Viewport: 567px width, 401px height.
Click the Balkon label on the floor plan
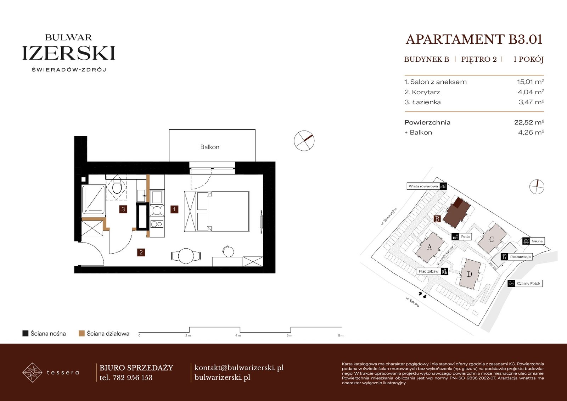(x=209, y=147)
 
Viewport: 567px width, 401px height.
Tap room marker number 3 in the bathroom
(x=123, y=209)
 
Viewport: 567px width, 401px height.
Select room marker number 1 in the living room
(x=174, y=209)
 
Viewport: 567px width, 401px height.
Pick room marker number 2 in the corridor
(x=141, y=252)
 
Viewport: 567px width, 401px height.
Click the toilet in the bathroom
(x=117, y=187)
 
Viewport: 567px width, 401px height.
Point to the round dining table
(x=186, y=256)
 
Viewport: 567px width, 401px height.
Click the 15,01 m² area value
(x=530, y=82)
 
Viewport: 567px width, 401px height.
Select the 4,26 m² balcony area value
(x=531, y=133)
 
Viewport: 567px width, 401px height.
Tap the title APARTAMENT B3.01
(x=474, y=39)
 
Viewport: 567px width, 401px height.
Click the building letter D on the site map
(x=469, y=274)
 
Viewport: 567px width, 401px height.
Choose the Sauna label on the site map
(x=537, y=241)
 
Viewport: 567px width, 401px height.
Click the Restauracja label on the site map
(x=520, y=257)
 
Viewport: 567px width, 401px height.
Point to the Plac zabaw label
(x=428, y=271)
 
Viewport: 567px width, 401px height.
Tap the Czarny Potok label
(x=528, y=283)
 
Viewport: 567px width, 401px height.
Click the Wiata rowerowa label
(x=423, y=186)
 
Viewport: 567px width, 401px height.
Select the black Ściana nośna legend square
(x=25, y=333)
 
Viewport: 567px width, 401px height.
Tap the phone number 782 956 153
(x=133, y=378)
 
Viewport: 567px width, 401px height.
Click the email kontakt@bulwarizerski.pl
(x=239, y=368)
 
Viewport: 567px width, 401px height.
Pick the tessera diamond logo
(x=32, y=372)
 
